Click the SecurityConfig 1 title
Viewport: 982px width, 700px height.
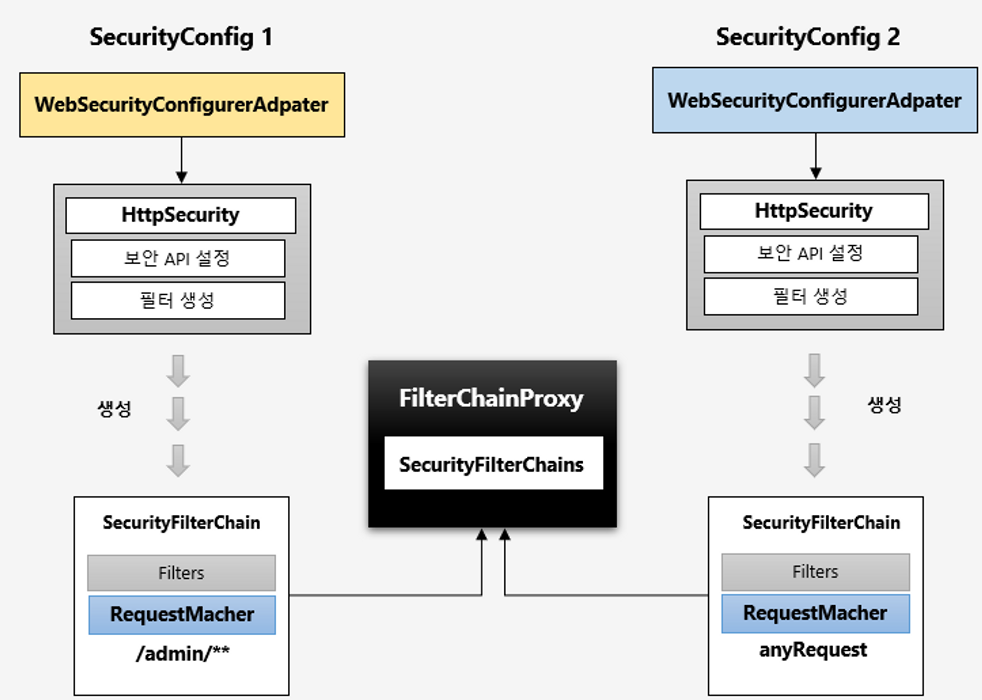point(181,37)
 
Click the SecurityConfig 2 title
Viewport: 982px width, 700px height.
point(808,37)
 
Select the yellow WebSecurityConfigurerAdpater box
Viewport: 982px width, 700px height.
point(182,105)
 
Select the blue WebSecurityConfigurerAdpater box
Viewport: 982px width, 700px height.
point(815,100)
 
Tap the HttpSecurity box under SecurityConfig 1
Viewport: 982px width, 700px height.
point(181,215)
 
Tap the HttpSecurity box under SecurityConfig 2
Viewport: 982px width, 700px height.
point(814,211)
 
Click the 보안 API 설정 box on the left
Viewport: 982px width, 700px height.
point(178,258)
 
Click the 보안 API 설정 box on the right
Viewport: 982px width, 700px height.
point(811,254)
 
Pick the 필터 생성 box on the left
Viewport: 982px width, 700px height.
point(178,300)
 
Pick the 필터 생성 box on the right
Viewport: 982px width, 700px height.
point(811,296)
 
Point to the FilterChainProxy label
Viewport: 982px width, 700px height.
point(491,398)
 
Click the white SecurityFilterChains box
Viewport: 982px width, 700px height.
point(493,463)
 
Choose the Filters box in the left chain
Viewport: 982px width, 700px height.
point(181,573)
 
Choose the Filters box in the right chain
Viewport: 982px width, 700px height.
point(816,572)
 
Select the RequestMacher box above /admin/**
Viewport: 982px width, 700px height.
point(182,615)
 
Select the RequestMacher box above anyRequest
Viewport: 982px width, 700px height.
point(816,613)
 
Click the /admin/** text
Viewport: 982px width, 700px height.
point(183,653)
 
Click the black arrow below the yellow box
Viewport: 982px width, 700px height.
point(182,160)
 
